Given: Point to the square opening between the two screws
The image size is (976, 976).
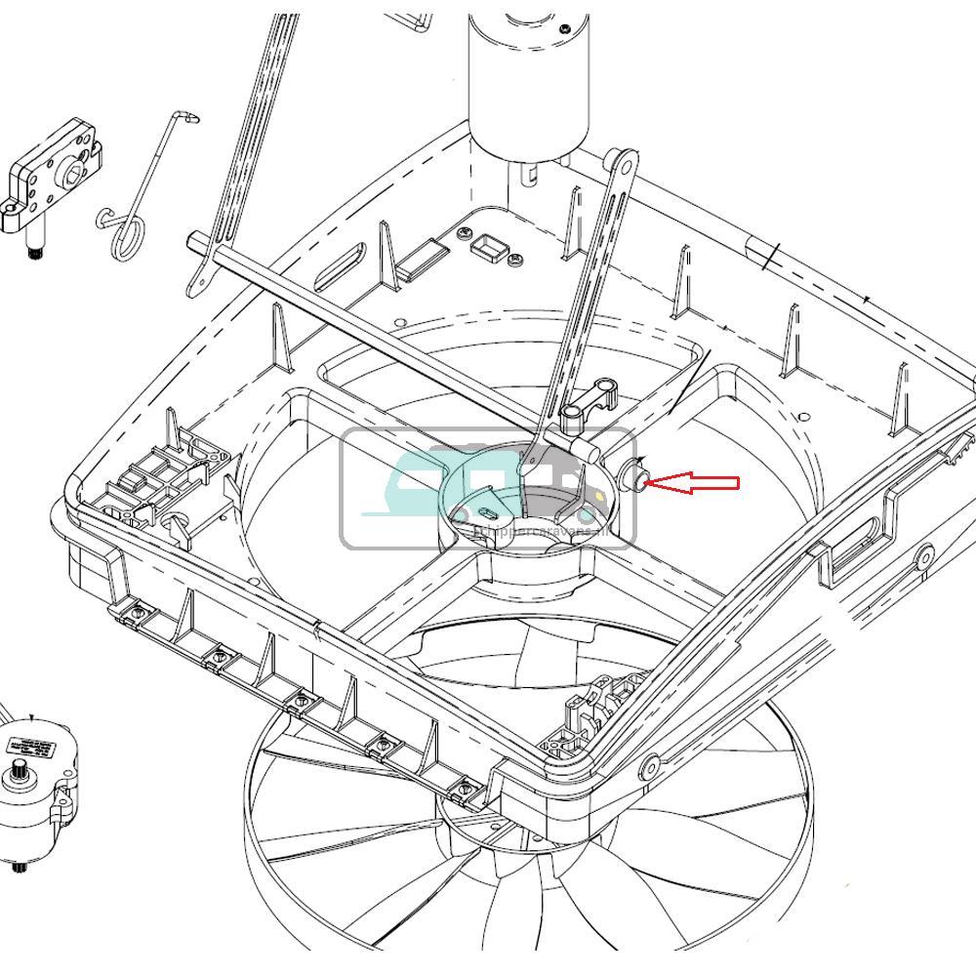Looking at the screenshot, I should pyautogui.click(x=486, y=247).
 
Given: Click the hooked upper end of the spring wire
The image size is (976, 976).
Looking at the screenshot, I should pyautogui.click(x=189, y=118).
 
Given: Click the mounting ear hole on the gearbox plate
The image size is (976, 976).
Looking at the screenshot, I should pyautogui.click(x=11, y=207).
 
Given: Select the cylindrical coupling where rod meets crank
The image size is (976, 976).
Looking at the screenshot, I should pyautogui.click(x=591, y=450).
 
